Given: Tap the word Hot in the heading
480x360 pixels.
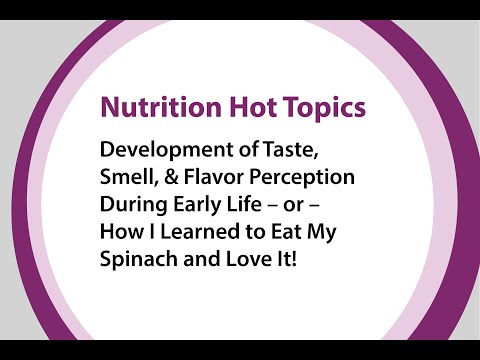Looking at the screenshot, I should (237, 107).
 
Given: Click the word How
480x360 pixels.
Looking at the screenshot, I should (120, 230).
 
